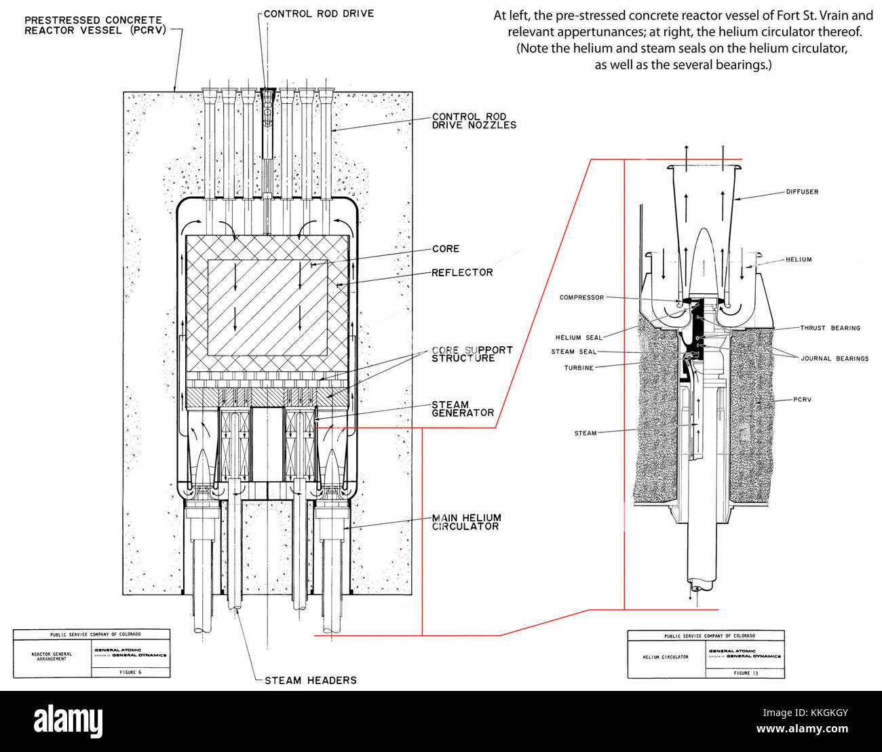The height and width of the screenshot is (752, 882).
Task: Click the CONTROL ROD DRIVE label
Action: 318,14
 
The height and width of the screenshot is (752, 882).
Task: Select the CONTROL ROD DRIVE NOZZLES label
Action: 474,121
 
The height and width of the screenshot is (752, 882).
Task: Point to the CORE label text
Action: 446,249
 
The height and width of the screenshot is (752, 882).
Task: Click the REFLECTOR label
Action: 462,273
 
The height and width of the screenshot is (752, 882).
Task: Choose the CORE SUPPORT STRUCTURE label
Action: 472,354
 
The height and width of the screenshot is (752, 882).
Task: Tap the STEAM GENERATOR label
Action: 463,409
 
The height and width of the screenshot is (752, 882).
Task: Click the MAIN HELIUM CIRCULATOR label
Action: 466,522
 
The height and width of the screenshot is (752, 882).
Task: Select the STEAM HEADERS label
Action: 310,680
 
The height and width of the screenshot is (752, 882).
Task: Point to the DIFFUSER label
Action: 802,192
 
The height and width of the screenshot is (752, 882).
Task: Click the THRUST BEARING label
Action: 829,328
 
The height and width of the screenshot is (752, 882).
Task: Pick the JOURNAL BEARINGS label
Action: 834,359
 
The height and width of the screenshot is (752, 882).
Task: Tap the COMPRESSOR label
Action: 581,298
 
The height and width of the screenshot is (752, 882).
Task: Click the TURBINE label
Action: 579,369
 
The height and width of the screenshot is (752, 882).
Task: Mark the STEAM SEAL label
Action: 573,352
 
